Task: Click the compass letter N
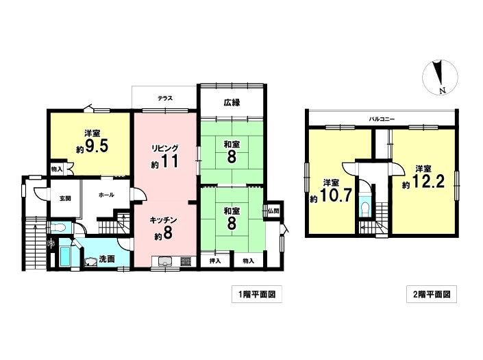(443, 91)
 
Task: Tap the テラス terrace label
(165, 99)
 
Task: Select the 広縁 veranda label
(232, 103)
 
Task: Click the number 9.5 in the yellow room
(97, 147)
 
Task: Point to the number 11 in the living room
(169, 160)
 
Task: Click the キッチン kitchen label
(163, 220)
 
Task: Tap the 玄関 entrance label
(65, 198)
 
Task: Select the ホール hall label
(107, 195)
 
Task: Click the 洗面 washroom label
(107, 259)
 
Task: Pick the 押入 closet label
(215, 261)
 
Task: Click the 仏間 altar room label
(273, 211)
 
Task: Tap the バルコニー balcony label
(382, 119)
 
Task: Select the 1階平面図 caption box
(257, 294)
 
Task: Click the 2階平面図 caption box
(432, 294)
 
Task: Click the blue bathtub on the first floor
(65, 256)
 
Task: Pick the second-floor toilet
(366, 208)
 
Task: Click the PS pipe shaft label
(51, 243)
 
